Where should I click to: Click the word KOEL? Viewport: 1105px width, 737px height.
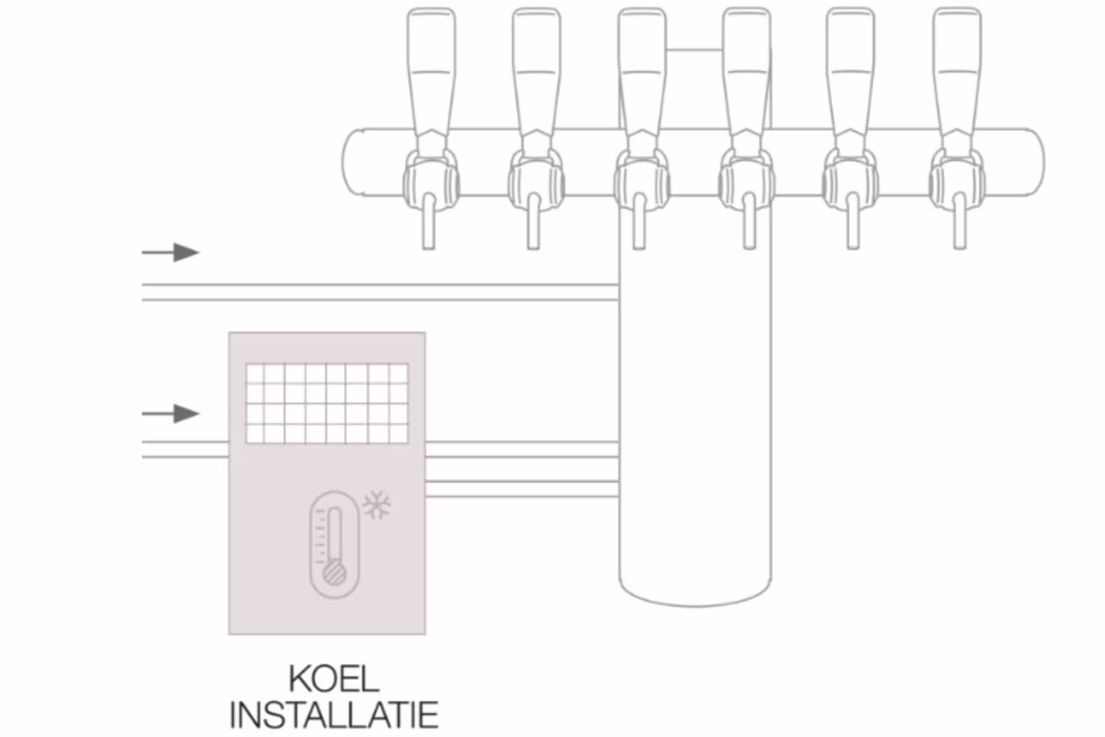334,679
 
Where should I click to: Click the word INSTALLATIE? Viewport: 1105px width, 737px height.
334,715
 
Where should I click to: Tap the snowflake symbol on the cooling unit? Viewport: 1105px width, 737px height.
377,505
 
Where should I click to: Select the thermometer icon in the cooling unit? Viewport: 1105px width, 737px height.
334,544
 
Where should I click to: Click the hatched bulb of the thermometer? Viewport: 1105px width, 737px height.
334,574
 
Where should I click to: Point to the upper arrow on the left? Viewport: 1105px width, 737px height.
170,252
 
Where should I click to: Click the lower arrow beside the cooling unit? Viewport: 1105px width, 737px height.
170,414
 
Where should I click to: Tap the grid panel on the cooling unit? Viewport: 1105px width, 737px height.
327,404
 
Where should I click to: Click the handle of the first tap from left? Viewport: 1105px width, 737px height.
431,73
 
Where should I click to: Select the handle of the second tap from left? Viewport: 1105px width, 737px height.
536,73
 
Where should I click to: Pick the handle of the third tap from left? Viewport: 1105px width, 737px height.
642,73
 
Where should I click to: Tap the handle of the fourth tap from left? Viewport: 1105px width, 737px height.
747,73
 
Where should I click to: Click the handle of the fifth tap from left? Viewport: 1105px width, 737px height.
851,73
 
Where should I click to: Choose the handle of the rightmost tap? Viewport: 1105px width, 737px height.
957,73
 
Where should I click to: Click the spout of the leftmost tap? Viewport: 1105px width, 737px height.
429,221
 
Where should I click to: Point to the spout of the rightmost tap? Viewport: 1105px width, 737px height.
960,221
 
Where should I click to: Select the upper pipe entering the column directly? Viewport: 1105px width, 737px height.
380,292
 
